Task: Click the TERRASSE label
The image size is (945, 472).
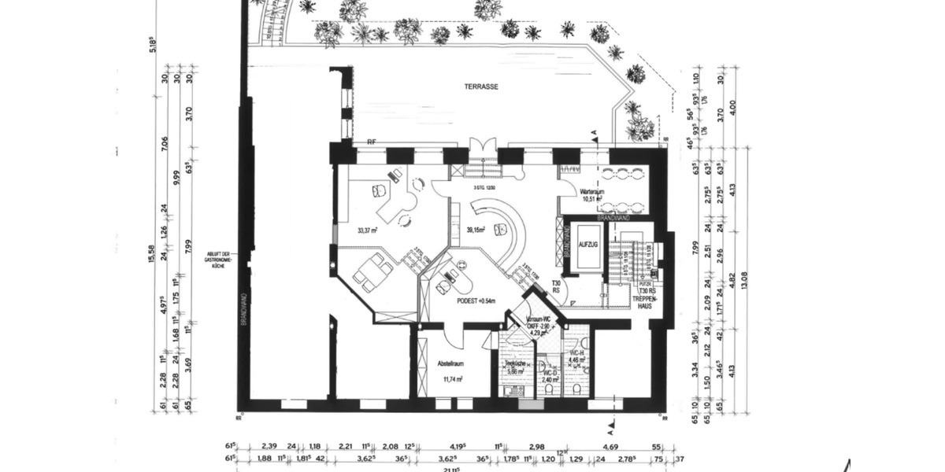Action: click(482, 87)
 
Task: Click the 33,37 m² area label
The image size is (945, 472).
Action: click(367, 230)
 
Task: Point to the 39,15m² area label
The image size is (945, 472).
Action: click(476, 230)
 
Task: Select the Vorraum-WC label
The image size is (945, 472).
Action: click(539, 319)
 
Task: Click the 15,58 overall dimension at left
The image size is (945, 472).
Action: click(151, 253)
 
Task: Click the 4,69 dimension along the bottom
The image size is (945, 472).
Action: click(610, 445)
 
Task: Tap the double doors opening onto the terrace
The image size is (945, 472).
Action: click(482, 148)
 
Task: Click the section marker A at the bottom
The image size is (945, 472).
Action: click(610, 432)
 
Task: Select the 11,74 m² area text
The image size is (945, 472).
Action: click(451, 378)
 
